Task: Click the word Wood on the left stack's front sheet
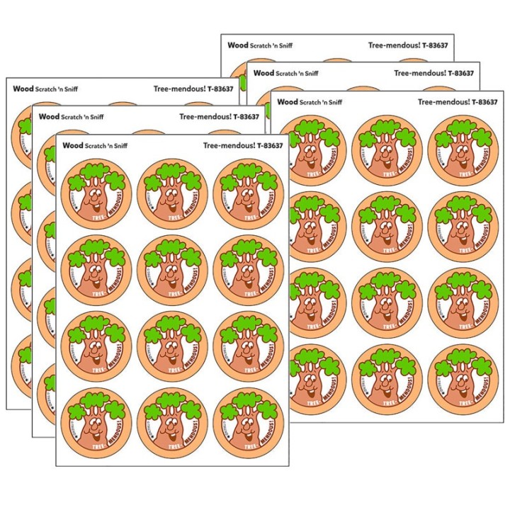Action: pos(72,145)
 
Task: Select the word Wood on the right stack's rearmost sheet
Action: pos(237,45)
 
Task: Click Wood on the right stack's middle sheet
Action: pos(263,72)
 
